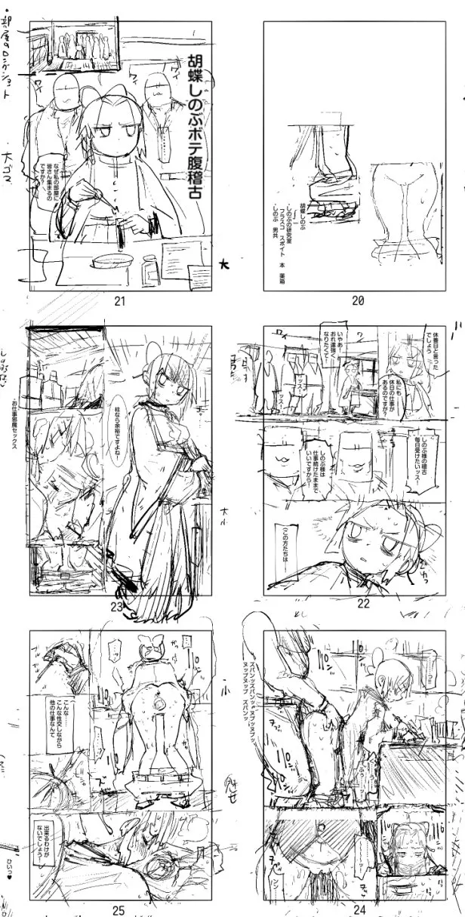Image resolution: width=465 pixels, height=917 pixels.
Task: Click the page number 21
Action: (x=119, y=300)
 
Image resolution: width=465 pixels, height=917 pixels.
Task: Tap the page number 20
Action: (x=358, y=300)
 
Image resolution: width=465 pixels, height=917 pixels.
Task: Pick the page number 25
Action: (x=118, y=910)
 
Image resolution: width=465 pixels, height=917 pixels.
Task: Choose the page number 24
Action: (x=359, y=909)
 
